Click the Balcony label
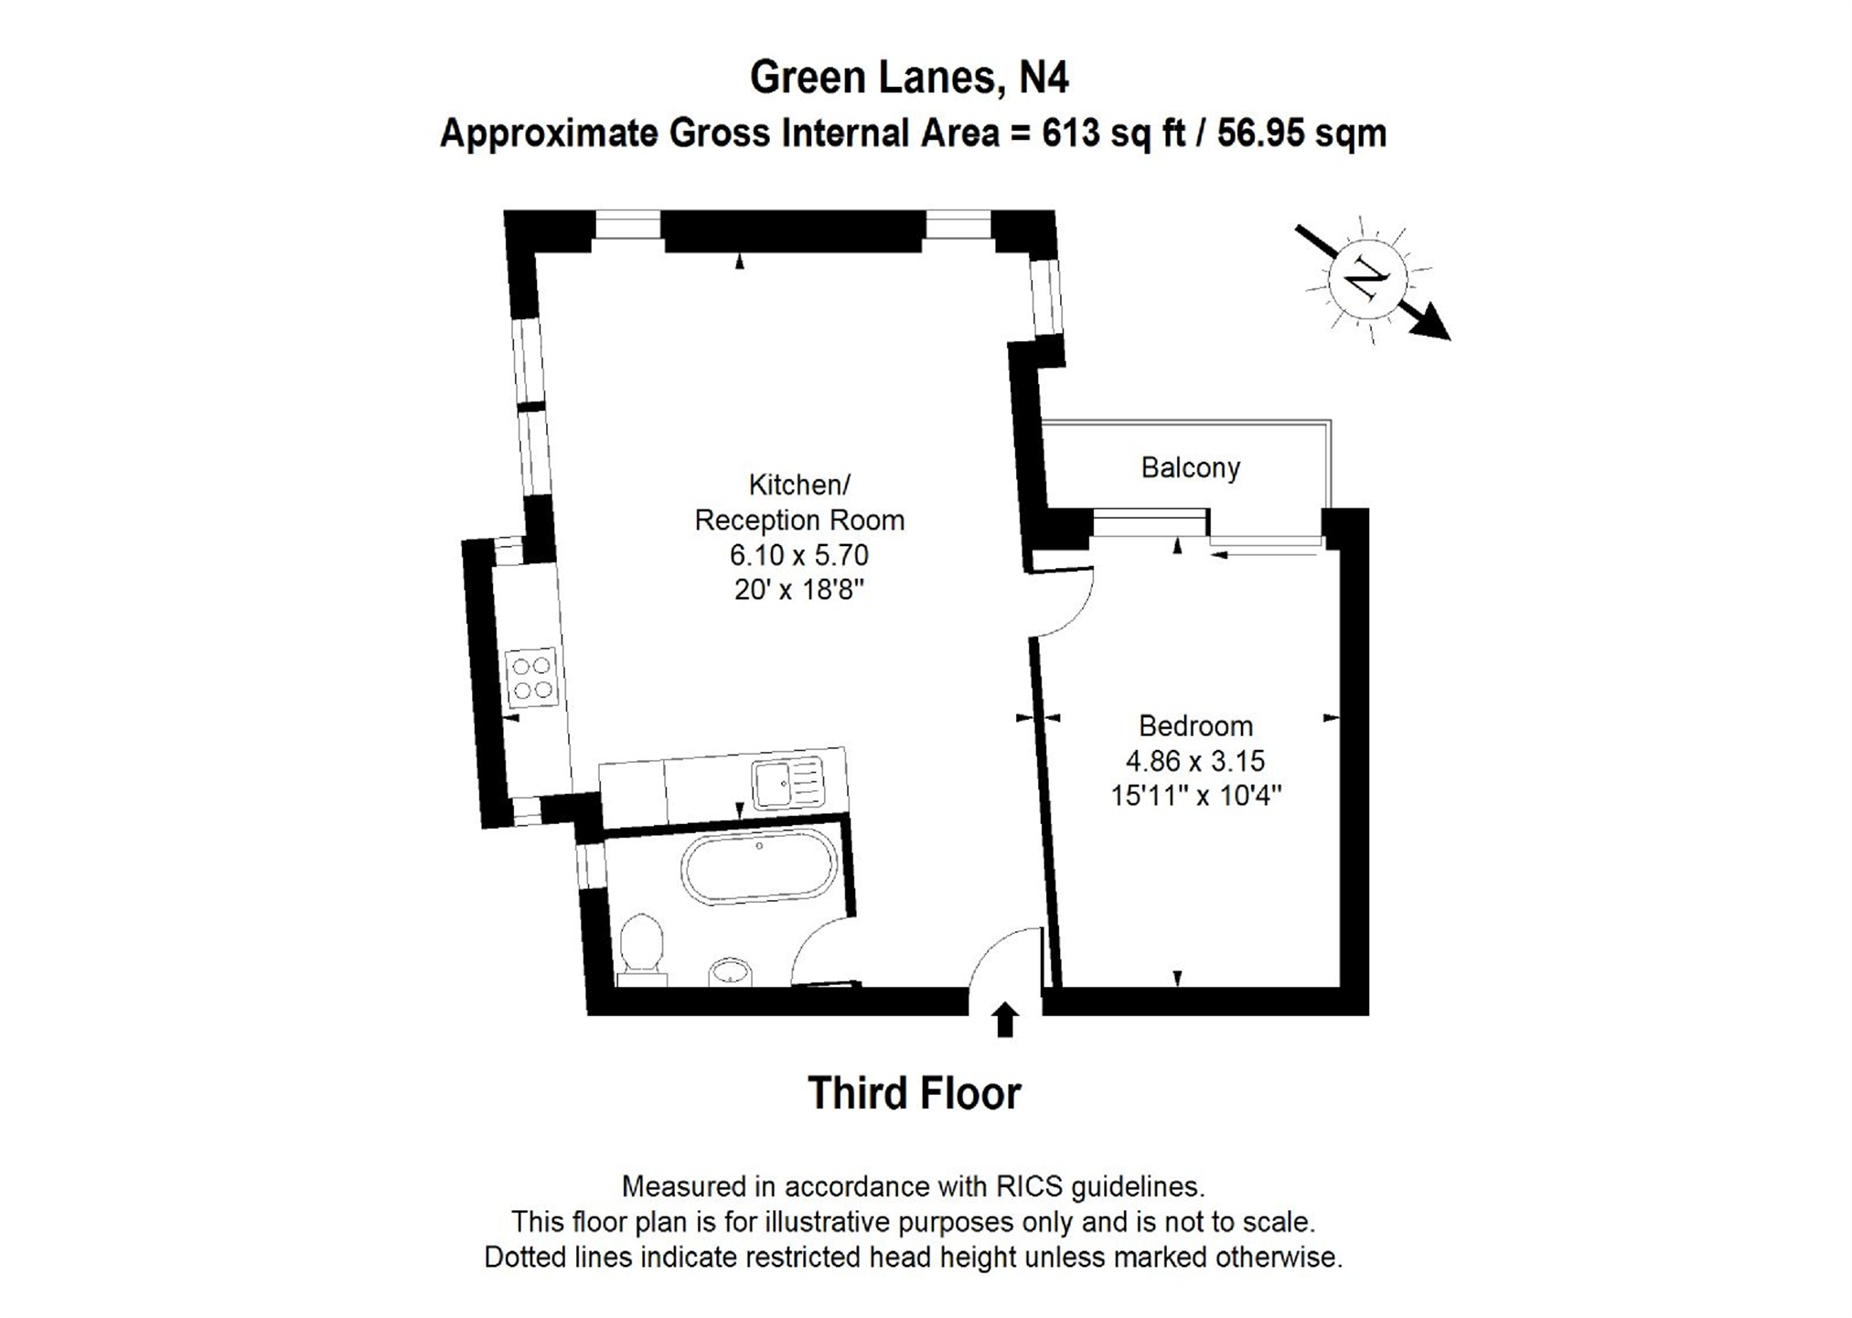(x=1190, y=468)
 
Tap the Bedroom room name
(x=1194, y=726)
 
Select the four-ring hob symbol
(x=531, y=678)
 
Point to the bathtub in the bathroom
(x=758, y=868)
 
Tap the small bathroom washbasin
(x=730, y=970)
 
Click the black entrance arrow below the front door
(x=1005, y=1019)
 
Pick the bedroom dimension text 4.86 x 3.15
(x=1194, y=761)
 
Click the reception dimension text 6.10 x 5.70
(x=798, y=555)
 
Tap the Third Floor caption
(x=914, y=1093)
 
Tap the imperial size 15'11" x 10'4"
(x=1195, y=796)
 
